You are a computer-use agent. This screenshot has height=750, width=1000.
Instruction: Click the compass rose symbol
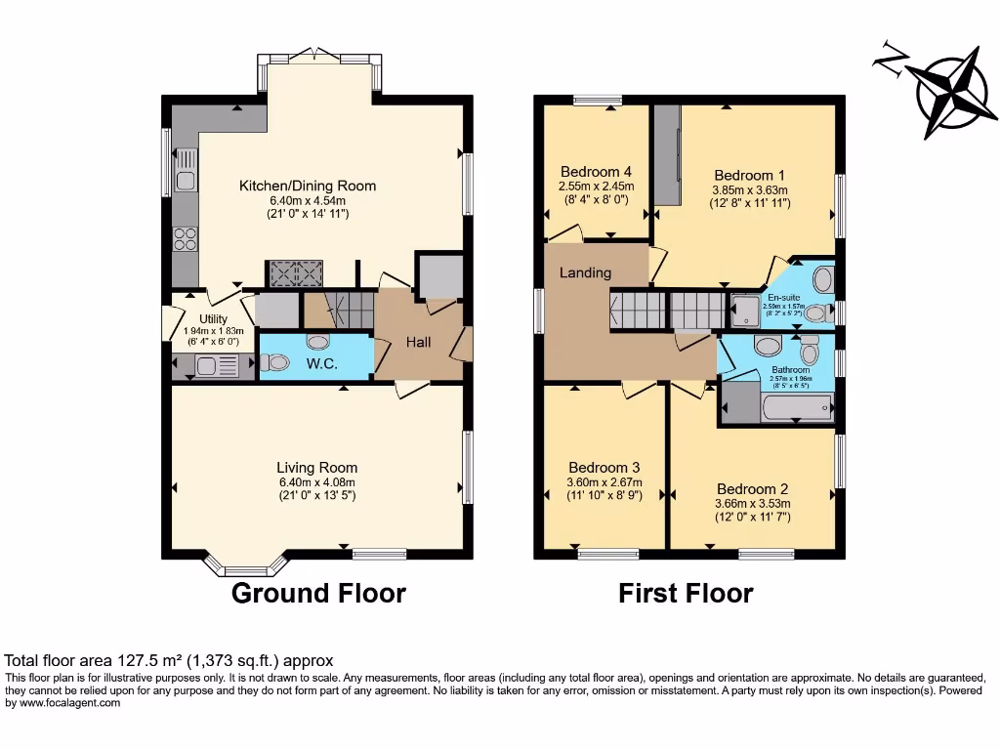(x=943, y=90)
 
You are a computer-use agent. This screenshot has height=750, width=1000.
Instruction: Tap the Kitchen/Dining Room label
(x=308, y=186)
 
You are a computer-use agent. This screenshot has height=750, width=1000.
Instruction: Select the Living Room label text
(x=316, y=468)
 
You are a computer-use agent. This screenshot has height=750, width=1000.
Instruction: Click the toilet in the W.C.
(x=276, y=362)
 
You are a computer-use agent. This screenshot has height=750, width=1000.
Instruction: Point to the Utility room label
(x=213, y=319)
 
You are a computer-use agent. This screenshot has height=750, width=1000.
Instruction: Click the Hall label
(x=419, y=343)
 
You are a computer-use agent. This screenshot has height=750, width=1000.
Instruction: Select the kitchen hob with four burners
(x=185, y=238)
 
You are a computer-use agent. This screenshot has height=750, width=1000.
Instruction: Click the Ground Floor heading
(x=318, y=593)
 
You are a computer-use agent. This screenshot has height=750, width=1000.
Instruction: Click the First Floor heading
(x=686, y=593)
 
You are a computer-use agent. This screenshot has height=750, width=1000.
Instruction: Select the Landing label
(x=585, y=272)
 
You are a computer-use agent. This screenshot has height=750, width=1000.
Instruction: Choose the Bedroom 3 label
(x=604, y=467)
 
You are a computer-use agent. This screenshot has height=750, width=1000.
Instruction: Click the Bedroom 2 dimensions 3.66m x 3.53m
(x=753, y=504)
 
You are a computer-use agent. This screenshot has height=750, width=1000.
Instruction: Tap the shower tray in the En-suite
(x=746, y=312)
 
